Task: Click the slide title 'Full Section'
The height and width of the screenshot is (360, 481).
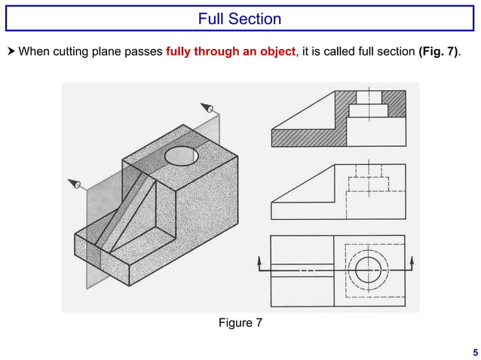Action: click(x=240, y=19)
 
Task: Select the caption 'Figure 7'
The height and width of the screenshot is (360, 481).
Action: click(x=240, y=323)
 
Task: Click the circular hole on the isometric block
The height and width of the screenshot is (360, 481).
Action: click(x=181, y=156)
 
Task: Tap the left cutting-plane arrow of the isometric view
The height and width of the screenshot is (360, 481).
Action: click(x=74, y=183)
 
